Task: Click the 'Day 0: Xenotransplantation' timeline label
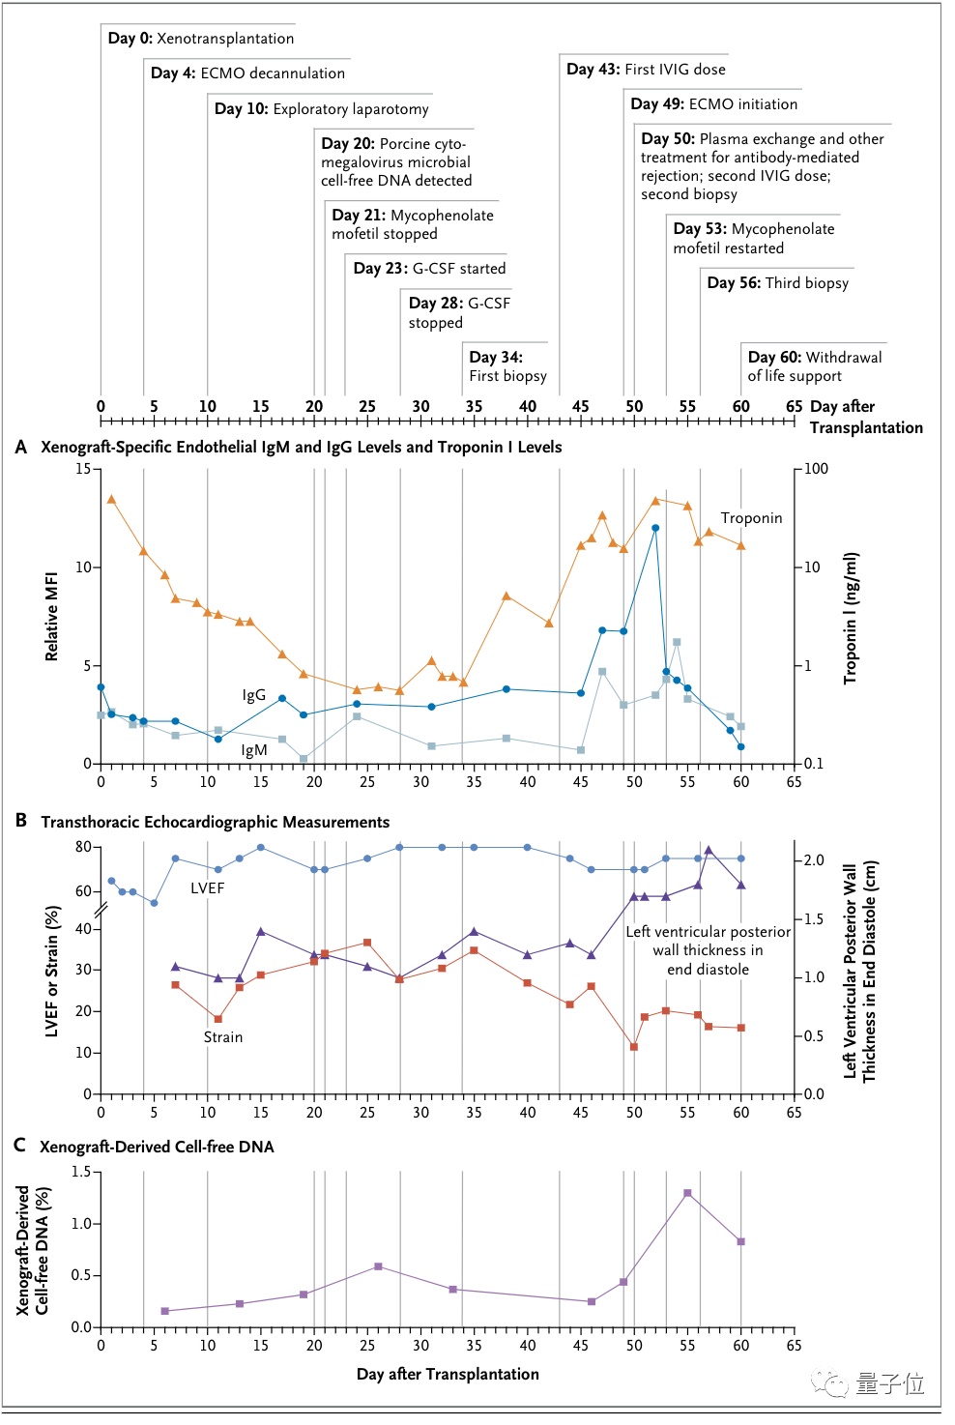point(201,39)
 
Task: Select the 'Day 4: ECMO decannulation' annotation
point(247,73)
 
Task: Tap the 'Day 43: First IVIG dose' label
point(646,70)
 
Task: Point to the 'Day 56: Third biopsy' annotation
point(777,283)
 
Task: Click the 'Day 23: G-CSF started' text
point(429,269)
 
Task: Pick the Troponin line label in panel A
point(751,518)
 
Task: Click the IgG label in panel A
point(254,695)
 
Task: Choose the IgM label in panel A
point(254,750)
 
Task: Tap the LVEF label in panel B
point(208,888)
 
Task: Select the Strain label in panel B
point(223,1037)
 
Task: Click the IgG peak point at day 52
point(655,528)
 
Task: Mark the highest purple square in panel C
point(687,1193)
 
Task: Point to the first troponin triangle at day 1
point(111,500)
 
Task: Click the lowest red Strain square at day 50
point(634,1047)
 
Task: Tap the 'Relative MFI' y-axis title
point(52,617)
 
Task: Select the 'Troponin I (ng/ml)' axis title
point(851,618)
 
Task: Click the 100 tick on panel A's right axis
point(817,469)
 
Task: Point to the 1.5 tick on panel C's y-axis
point(81,1172)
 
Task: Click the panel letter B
point(21,821)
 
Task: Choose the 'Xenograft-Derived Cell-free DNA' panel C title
point(157,1147)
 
